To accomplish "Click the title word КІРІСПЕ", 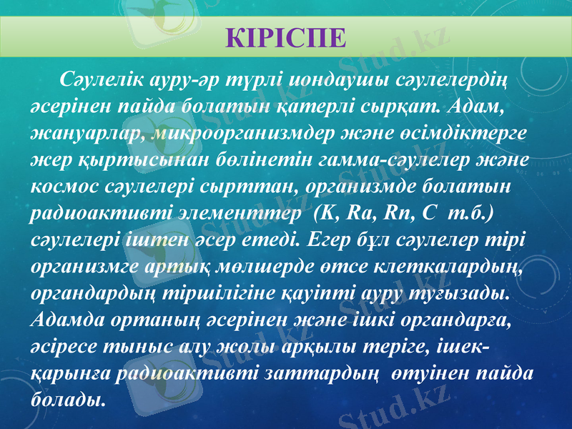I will pos(285,36).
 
